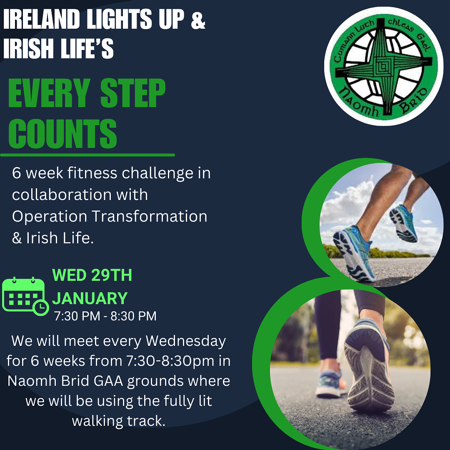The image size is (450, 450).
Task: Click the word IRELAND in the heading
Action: point(41,19)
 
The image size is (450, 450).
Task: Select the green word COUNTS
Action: point(63,134)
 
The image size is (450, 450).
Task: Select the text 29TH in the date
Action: point(112,275)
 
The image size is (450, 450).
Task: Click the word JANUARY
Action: point(90,298)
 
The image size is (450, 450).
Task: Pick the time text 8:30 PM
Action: point(134,316)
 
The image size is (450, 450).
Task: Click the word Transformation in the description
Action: point(149,216)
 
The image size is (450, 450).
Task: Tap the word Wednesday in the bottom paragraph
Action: point(186,341)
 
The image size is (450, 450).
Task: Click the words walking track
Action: point(118,421)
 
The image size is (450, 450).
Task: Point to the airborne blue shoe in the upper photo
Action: point(403,223)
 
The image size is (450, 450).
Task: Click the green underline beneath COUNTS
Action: point(87,155)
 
